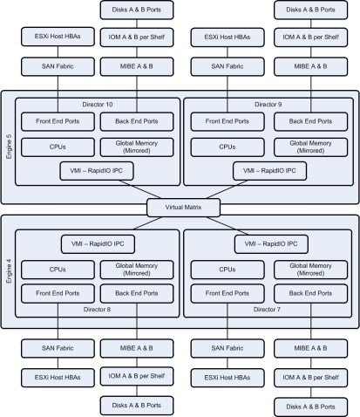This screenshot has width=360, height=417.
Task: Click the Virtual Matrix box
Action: pos(180,207)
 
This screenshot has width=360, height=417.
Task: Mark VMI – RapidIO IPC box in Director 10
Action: pos(98,168)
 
